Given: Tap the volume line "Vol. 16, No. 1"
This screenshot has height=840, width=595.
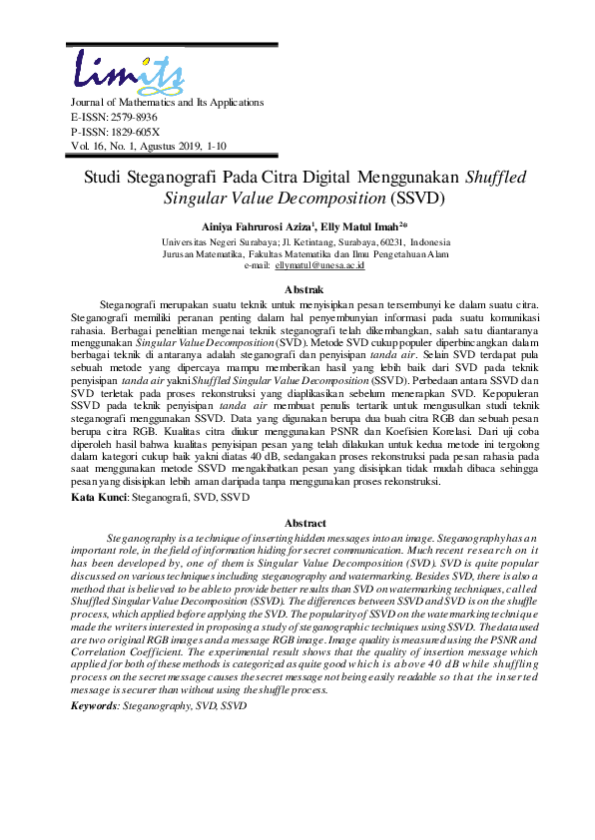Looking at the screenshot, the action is pos(108,146).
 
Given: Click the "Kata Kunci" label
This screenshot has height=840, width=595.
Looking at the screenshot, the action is pos(99,496).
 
